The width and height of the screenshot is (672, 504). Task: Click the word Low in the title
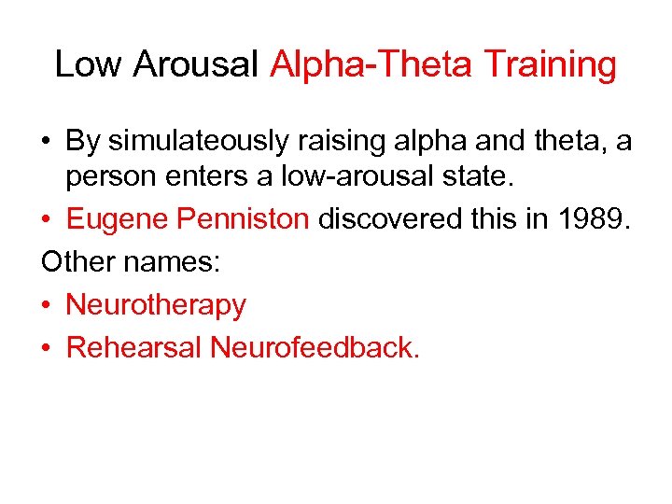point(89,64)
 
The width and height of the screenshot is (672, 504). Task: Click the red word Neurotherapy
point(156,304)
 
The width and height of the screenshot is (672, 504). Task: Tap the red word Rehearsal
point(134,347)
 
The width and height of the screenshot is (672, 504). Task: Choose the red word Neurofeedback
point(315,347)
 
